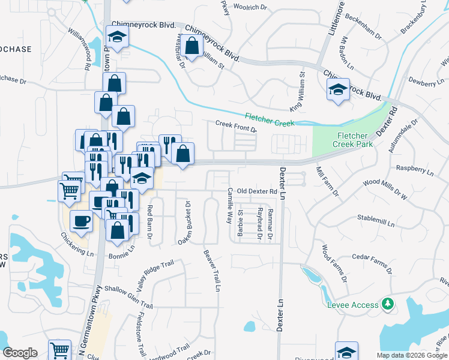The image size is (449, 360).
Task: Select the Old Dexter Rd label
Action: (x=257, y=191)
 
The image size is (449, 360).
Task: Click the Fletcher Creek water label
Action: (x=270, y=119)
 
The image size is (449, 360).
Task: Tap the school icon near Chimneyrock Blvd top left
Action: (x=118, y=38)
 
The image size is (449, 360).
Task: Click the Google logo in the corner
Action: (x=20, y=353)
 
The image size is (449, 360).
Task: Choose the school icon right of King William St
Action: (x=338, y=91)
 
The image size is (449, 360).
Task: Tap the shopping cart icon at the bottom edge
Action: (x=59, y=351)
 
